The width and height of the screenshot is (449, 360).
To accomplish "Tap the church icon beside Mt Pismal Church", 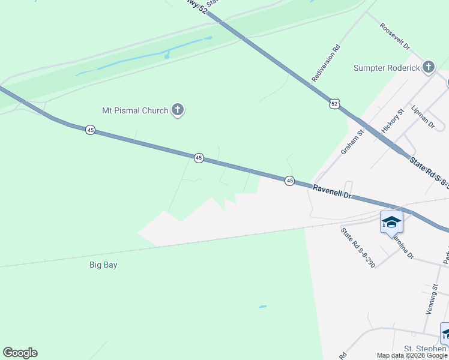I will [177, 110].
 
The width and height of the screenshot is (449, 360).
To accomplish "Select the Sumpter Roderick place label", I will [386, 68].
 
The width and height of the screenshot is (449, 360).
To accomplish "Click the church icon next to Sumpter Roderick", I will [428, 67].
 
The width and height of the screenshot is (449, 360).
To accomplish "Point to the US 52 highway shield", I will [334, 104].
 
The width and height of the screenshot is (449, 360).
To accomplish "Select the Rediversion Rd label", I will [327, 63].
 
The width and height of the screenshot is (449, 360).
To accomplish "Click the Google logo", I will [20, 353].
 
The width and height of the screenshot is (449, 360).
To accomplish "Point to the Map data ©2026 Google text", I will [412, 356].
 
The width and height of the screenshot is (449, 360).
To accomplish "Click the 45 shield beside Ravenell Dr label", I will [289, 181].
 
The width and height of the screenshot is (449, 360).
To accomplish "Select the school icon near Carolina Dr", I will [391, 223].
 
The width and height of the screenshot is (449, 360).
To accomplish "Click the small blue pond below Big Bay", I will [262, 307].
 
